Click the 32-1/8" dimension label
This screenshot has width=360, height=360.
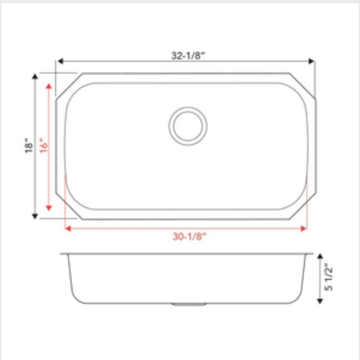tap(188, 55)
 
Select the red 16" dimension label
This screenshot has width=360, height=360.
tap(44, 145)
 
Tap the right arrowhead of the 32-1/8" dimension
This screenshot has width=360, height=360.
tap(312, 61)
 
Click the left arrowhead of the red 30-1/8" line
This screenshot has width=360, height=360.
tap(68, 228)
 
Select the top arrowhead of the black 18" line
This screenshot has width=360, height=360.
tap(35, 77)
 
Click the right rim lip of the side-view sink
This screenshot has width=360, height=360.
tap(309, 254)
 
